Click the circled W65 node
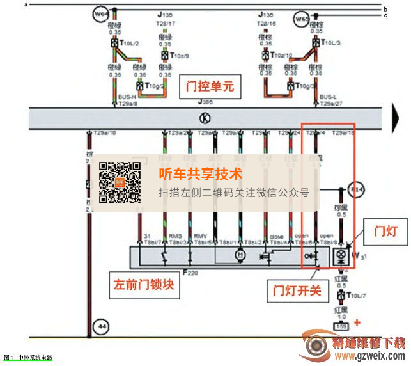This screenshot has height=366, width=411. (302, 19)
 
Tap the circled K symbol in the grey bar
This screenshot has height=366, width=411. (205, 117)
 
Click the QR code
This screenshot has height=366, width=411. (120, 182)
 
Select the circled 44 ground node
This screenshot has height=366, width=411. (99, 326)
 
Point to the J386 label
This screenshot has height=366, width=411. (205, 102)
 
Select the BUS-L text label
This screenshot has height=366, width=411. (327, 97)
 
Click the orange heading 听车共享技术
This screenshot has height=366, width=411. (201, 173)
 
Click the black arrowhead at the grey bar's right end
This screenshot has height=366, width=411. (395, 118)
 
